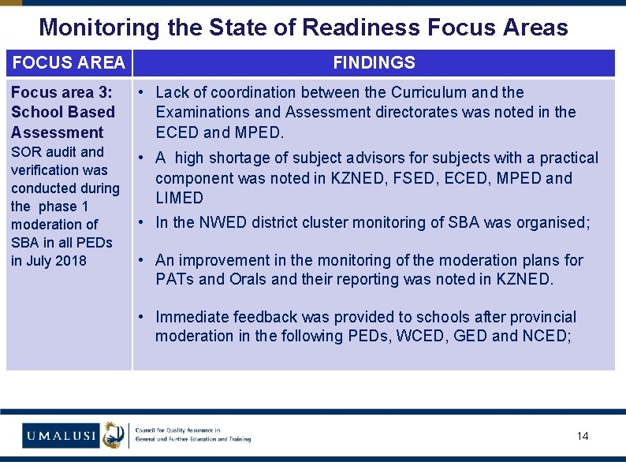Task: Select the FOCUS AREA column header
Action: click(x=69, y=62)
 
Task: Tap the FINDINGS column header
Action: click(x=374, y=62)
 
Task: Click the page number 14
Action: click(x=583, y=436)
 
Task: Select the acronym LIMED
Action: click(x=179, y=198)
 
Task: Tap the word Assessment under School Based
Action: click(x=57, y=132)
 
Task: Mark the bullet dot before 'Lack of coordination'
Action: click(x=139, y=93)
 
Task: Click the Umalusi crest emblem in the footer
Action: click(x=114, y=434)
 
